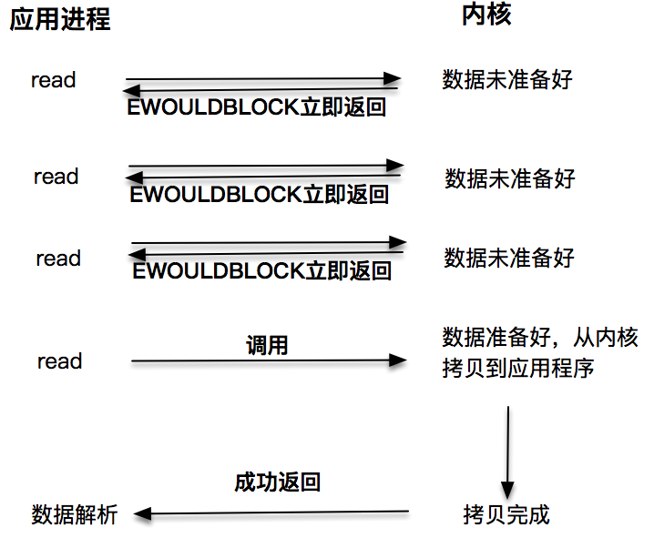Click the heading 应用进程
pyautogui.click(x=60, y=20)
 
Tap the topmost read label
pyautogui.click(x=54, y=80)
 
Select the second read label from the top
pyautogui.click(x=56, y=177)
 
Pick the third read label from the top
pyautogui.click(x=58, y=259)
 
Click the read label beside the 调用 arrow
pyautogui.click(x=59, y=361)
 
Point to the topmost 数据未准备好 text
pyautogui.click(x=507, y=79)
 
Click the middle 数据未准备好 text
pyautogui.click(x=510, y=177)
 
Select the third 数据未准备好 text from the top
pyautogui.click(x=509, y=258)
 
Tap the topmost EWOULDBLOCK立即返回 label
pyautogui.click(x=257, y=108)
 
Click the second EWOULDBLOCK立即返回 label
pyautogui.click(x=259, y=194)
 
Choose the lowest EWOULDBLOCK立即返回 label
pyautogui.click(x=261, y=271)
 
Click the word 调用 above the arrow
pyautogui.click(x=267, y=345)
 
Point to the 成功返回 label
pyautogui.click(x=277, y=482)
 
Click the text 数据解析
pyautogui.click(x=75, y=514)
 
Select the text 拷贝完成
pyautogui.click(x=506, y=514)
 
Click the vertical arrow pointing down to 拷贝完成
pyautogui.click(x=507, y=451)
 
